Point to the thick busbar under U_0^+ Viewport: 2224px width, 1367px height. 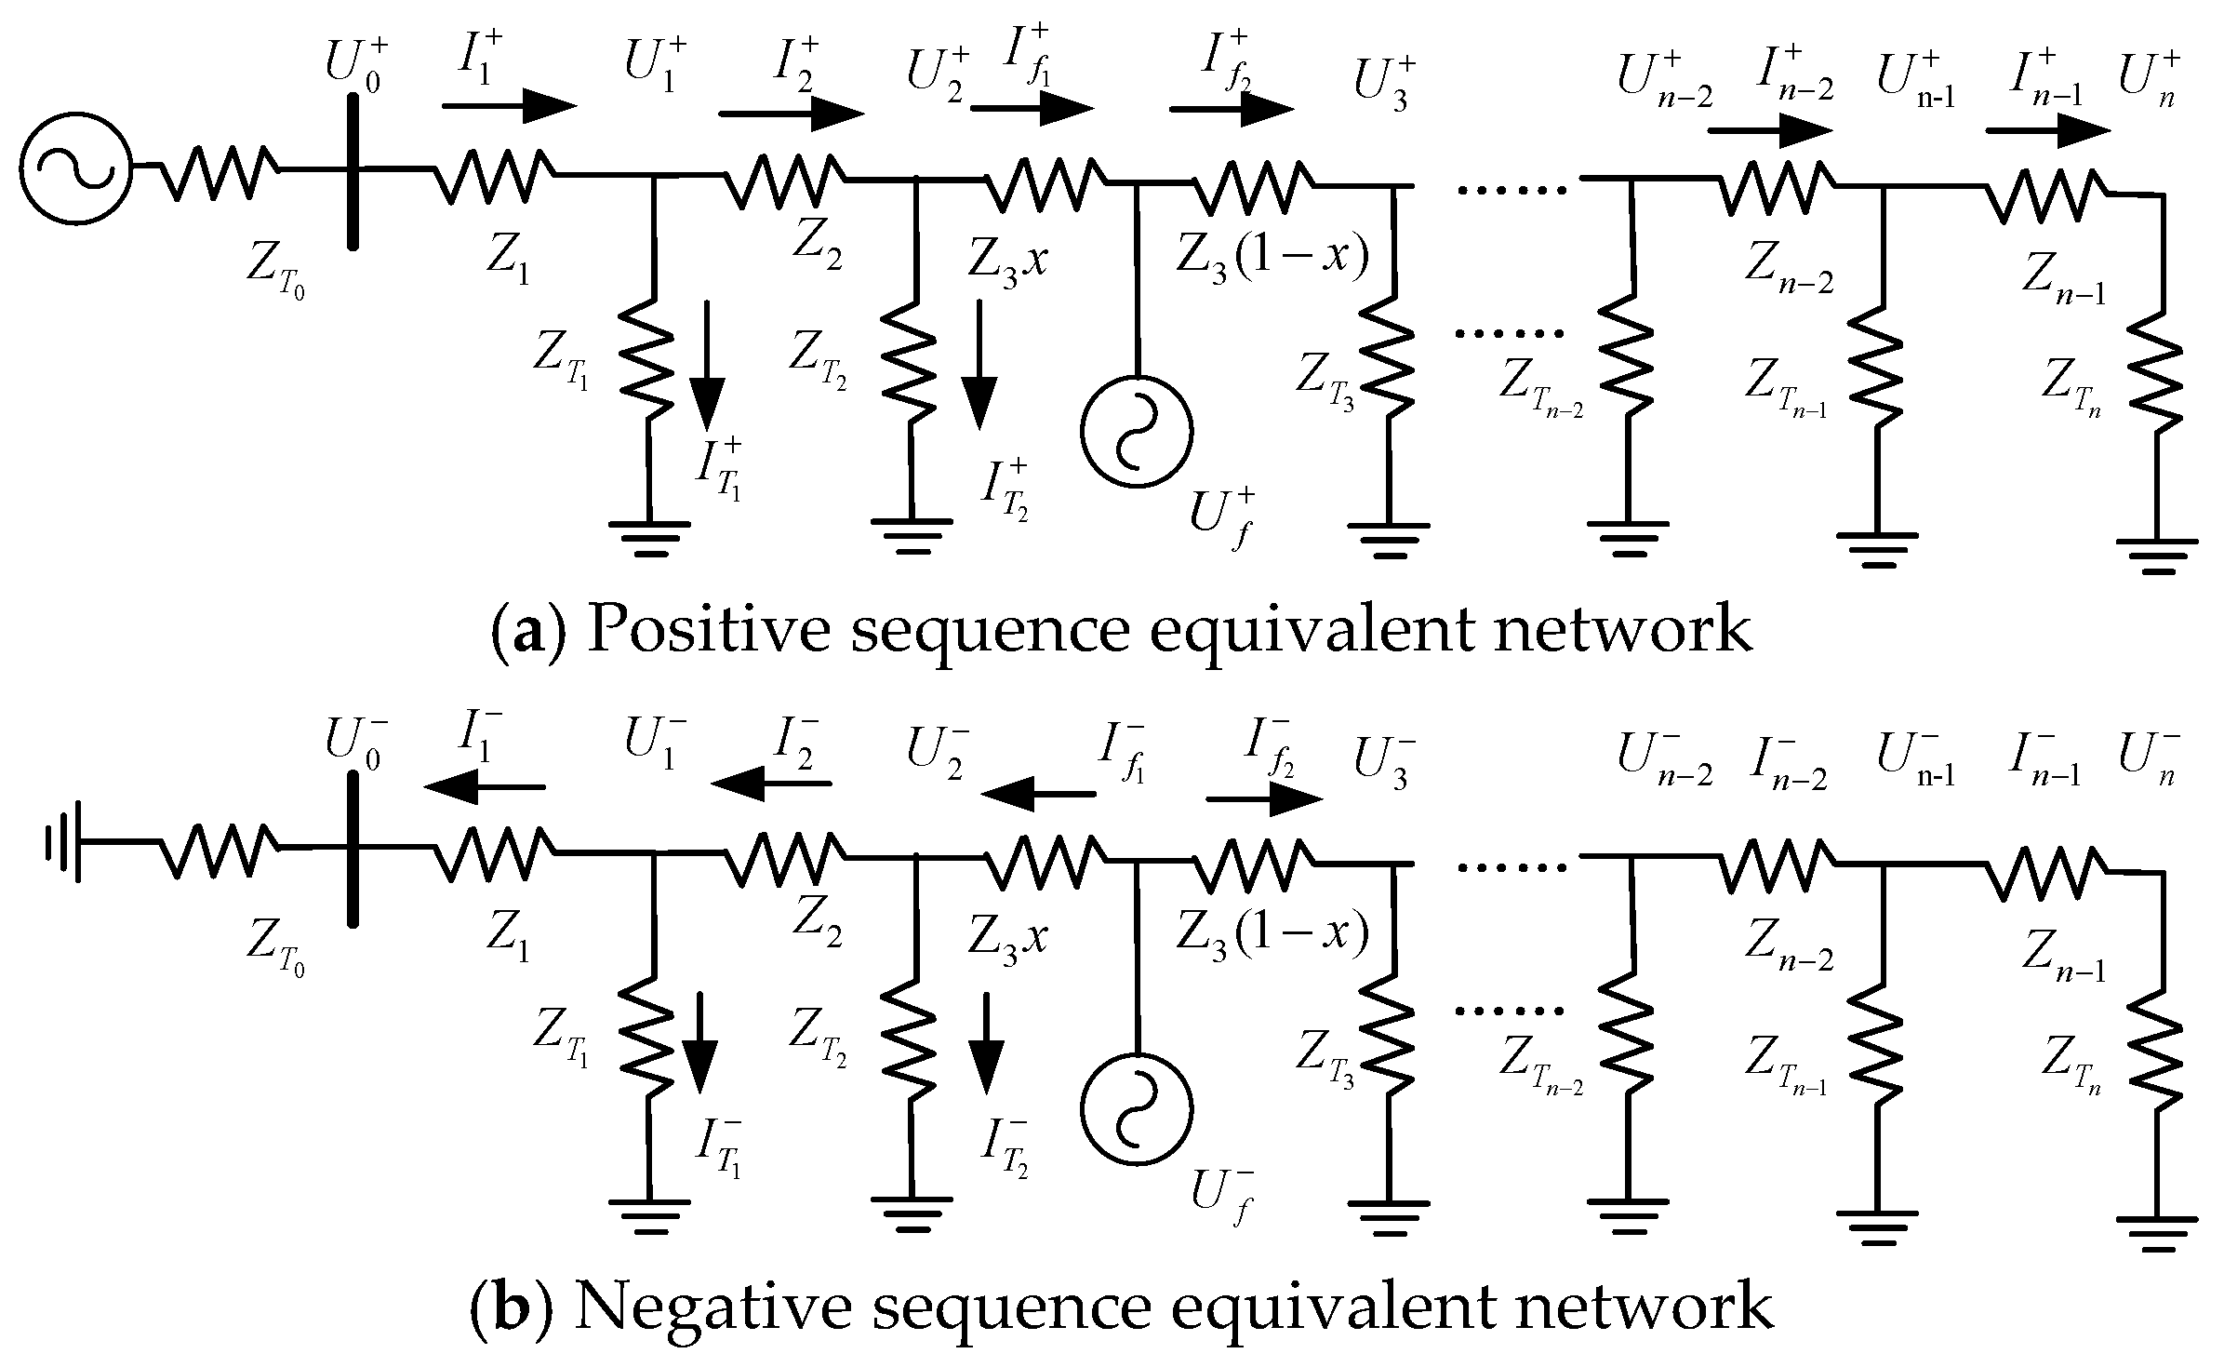(353, 169)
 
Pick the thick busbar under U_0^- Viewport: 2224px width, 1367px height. (353, 848)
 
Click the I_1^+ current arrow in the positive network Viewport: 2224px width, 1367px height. (509, 105)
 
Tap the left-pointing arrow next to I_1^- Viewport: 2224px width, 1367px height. (485, 786)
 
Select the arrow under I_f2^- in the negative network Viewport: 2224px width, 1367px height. (1264, 799)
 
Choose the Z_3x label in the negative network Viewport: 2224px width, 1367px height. (1008, 936)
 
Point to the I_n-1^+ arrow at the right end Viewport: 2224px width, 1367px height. (2047, 131)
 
